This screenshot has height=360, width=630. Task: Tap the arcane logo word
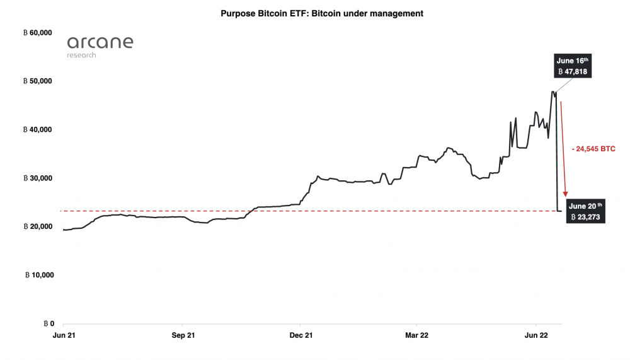[100, 43]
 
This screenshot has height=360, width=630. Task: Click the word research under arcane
[82, 55]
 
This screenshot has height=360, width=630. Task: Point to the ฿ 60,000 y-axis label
[37, 33]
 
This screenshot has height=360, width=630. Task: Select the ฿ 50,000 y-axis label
[37, 81]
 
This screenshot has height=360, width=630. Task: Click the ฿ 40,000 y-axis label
[37, 129]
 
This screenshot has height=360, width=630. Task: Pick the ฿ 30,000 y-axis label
[37, 178]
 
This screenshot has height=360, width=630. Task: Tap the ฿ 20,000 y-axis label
[37, 226]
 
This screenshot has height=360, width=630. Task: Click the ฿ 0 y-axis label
[49, 323]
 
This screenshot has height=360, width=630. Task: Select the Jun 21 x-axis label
[64, 335]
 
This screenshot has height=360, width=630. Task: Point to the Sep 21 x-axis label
[182, 335]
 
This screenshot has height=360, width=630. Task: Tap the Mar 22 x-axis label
[416, 335]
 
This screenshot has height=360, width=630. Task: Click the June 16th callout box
[572, 66]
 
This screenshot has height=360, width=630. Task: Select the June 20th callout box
[585, 211]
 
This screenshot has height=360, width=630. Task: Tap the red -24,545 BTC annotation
[593, 149]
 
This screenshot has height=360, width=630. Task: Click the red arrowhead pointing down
[566, 194]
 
